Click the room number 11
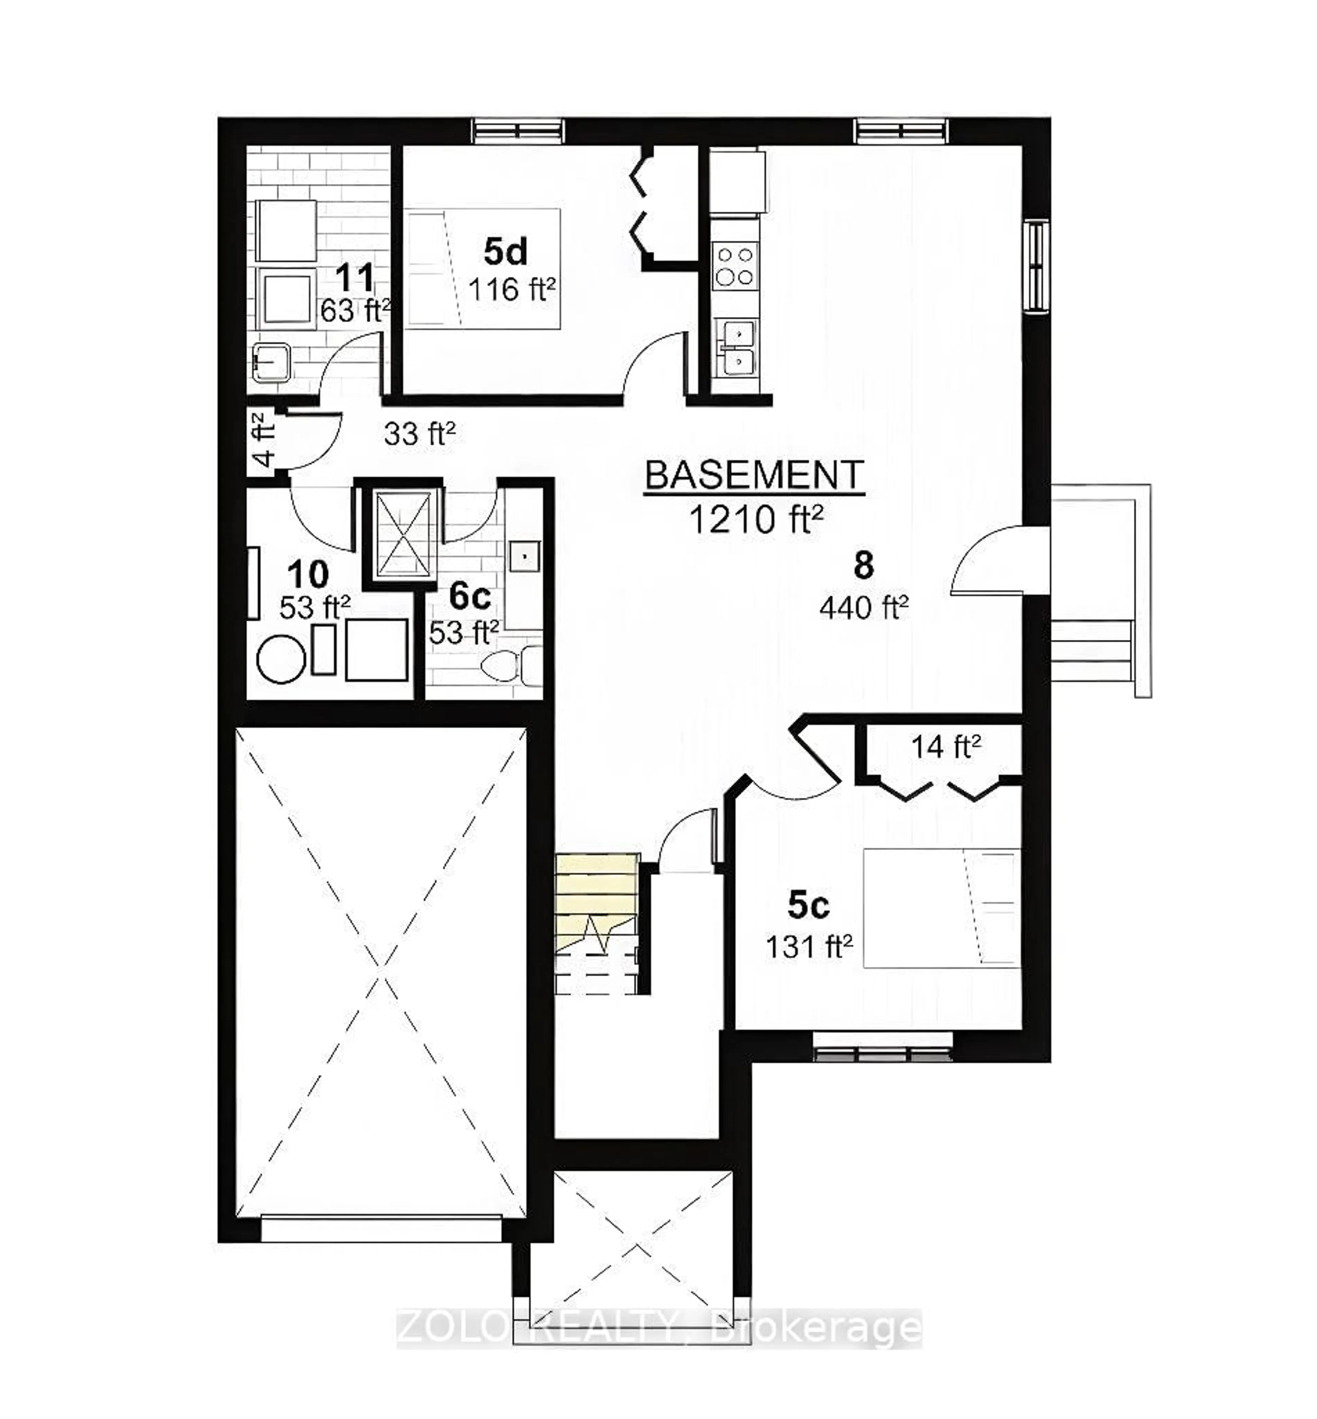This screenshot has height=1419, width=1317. [354, 277]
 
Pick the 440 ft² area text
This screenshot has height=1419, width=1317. [863, 607]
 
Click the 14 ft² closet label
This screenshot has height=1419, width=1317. [945, 747]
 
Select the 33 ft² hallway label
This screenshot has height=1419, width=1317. [419, 433]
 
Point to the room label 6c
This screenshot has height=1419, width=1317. [470, 596]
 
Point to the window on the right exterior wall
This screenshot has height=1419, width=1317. [1037, 265]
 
